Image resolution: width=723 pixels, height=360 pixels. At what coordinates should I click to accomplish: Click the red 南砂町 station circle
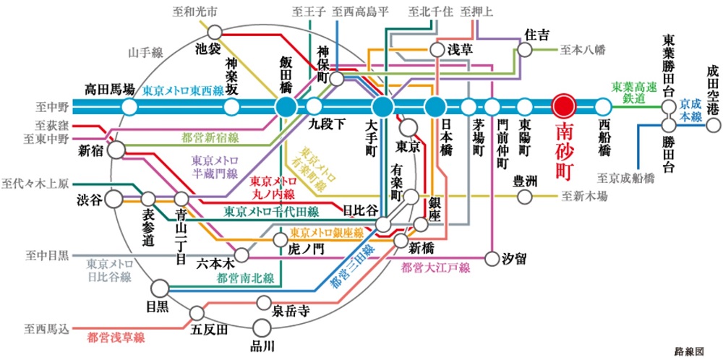pos(563,106)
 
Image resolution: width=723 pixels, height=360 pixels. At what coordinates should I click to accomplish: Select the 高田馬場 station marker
pos(129,108)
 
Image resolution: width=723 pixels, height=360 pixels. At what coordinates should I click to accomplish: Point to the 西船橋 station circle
pos(603,107)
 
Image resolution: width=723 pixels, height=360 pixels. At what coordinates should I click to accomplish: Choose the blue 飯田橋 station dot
pos(285,107)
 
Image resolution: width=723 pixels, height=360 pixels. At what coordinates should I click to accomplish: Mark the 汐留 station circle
pos(492,257)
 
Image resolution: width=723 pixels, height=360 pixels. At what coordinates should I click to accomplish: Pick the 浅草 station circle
pos(437,50)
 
